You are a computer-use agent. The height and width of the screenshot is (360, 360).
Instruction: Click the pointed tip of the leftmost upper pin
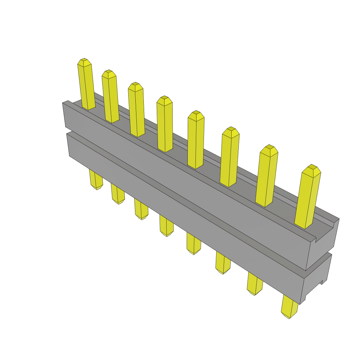point(84,62)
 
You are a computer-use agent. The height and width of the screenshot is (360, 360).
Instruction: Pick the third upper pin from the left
point(136,111)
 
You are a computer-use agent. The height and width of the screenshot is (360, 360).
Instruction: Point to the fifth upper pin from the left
point(196,141)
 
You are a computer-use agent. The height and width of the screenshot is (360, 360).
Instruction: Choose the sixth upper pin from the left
point(230,158)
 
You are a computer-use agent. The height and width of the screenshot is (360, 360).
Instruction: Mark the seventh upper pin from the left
point(267,178)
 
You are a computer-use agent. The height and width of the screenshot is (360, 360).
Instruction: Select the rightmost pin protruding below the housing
point(290,308)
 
